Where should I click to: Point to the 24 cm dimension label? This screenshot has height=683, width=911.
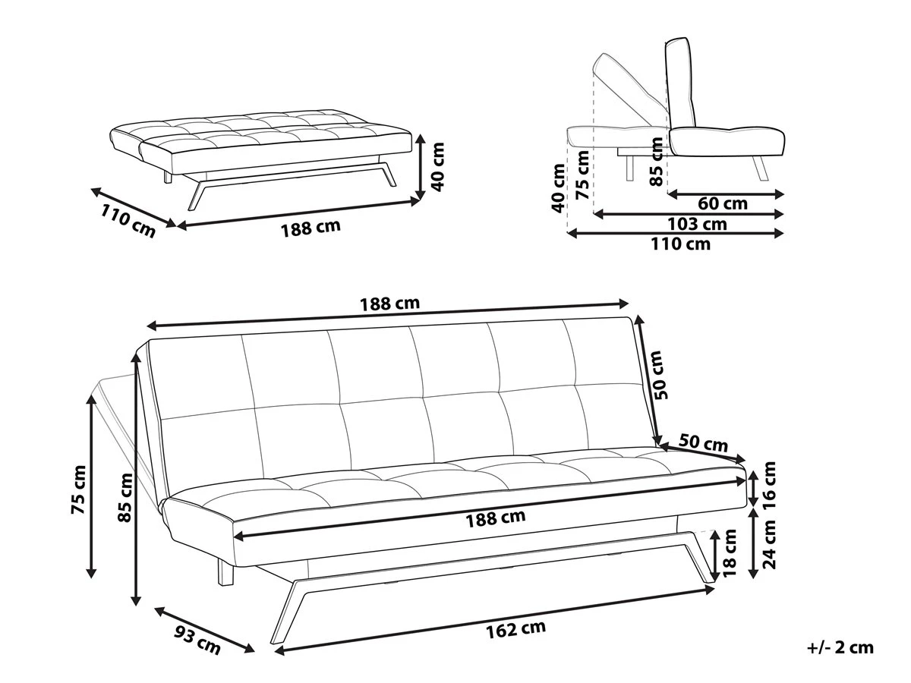[x=771, y=544]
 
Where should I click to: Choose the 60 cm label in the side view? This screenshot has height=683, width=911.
[x=723, y=203]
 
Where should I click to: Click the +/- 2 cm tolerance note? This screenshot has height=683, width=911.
[x=840, y=647]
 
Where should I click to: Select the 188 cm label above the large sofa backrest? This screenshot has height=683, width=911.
[x=389, y=304]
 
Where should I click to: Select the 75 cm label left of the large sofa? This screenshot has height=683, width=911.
[x=79, y=489]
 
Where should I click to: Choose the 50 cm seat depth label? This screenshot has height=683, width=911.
[x=702, y=443]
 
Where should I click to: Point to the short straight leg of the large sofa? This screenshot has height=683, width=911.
[x=225, y=573]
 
